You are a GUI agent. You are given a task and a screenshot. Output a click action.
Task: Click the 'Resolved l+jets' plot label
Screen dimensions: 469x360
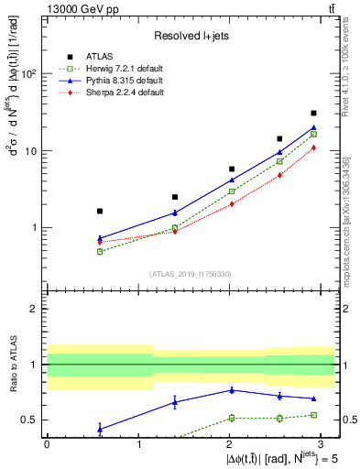(191, 36)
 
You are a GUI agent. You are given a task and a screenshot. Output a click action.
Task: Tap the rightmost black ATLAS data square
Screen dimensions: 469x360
(313, 114)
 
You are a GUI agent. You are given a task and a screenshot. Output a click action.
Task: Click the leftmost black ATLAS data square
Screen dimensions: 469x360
(100, 211)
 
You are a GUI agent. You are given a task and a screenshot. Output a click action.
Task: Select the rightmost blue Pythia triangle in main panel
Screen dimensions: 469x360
(313, 127)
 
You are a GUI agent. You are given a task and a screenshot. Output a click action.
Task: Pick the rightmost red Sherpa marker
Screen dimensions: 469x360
(313, 147)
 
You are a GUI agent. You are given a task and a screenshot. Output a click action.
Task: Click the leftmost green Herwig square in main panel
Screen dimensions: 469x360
(100, 251)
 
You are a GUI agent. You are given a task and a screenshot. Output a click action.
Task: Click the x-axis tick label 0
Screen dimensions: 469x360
(47, 443)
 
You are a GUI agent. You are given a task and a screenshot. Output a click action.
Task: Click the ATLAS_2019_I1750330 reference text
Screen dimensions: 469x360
(191, 274)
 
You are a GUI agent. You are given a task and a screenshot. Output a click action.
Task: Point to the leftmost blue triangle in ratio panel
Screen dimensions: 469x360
(100, 429)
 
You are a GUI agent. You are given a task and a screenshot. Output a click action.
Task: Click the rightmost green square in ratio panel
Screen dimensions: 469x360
(313, 415)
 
